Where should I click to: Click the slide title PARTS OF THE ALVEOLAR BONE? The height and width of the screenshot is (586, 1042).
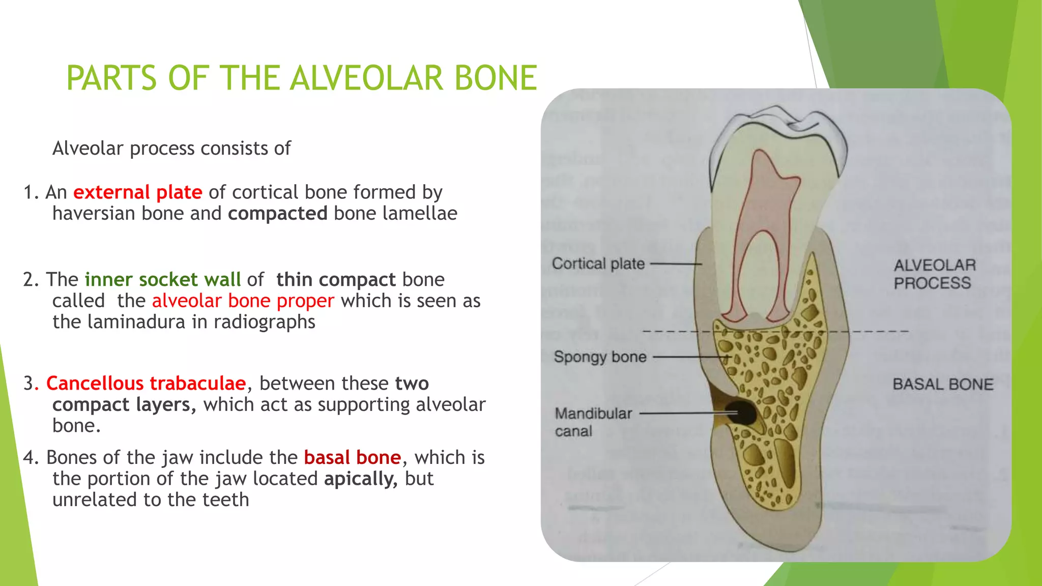[x=301, y=78]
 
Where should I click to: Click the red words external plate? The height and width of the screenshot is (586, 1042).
[x=137, y=192]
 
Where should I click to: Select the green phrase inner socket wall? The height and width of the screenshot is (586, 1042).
[x=162, y=280]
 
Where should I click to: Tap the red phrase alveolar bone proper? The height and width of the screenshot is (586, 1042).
[x=243, y=301]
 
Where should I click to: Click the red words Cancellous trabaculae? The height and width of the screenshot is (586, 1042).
[x=146, y=384]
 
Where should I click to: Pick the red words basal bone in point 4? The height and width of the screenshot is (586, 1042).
[x=352, y=458]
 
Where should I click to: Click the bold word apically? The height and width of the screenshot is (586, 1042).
[x=361, y=479]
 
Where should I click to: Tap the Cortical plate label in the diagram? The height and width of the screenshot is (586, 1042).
[x=598, y=264]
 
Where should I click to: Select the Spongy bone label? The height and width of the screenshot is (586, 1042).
[x=600, y=357]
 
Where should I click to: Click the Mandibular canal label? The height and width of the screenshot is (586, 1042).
[x=593, y=422]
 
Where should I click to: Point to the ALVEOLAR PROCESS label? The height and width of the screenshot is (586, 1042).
[x=934, y=274]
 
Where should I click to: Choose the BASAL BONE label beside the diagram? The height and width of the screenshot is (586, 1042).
[x=942, y=384]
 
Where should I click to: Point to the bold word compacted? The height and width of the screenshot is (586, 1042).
[x=277, y=214]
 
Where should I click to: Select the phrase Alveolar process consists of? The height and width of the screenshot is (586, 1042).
[x=171, y=149]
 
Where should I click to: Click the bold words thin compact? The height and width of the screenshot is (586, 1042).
[x=336, y=280]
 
